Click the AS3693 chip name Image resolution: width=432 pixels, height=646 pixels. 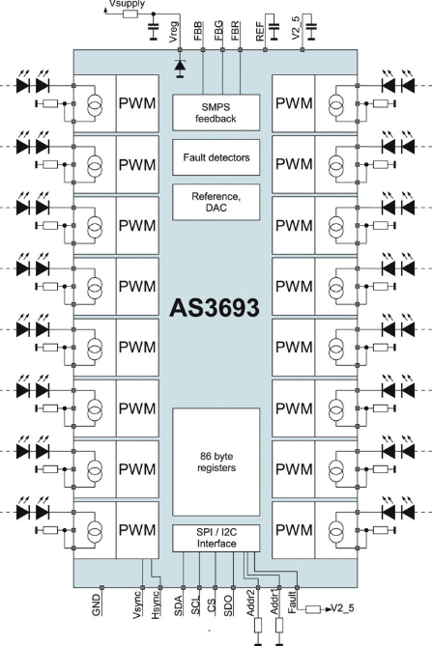coord(215,308)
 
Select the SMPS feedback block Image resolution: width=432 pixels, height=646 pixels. coord(216,112)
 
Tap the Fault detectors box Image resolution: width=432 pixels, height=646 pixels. coord(216,157)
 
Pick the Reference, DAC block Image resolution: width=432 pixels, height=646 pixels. coord(216,202)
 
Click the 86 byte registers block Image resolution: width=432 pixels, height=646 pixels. coord(216,462)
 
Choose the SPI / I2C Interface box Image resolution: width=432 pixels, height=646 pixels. coord(216,538)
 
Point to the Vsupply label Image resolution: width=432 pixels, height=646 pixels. coord(127,4)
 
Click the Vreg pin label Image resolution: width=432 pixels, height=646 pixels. coord(174,32)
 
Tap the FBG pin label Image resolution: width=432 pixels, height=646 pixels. coord(218,30)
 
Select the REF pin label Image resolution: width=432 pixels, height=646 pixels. coord(260,32)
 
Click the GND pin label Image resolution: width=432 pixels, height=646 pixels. coord(96,604)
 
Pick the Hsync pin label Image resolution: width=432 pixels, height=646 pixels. coord(156,604)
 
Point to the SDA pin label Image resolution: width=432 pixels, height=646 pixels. coord(178,605)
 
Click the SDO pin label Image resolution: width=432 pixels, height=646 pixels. coord(228,605)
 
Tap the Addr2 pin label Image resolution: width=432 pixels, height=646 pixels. coord(251,604)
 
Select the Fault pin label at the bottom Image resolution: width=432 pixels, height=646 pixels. coord(292,603)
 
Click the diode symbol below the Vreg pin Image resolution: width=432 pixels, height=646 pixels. coord(180,69)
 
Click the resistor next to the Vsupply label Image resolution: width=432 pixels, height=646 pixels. coord(130,14)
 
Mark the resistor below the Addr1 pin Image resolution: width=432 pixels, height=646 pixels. coord(279,626)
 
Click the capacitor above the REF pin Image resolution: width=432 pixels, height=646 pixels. coord(274,26)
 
